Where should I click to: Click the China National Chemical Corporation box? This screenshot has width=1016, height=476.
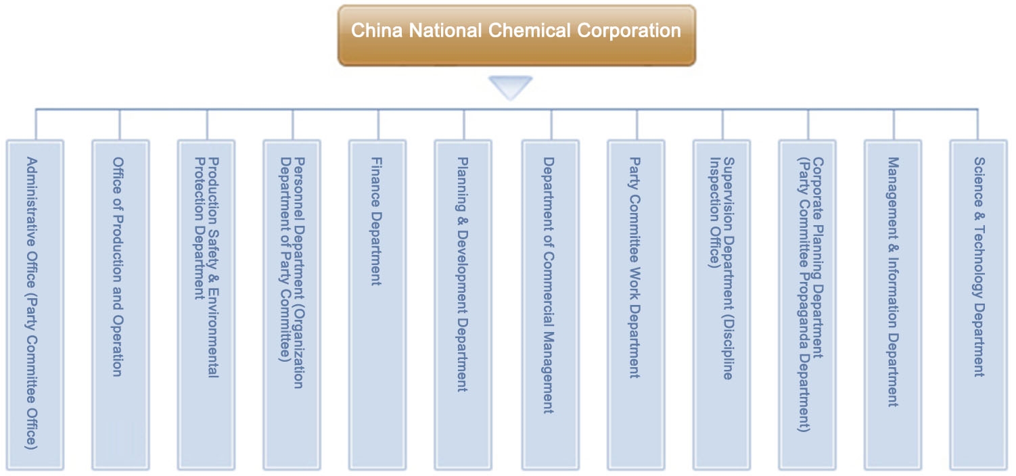(516, 35)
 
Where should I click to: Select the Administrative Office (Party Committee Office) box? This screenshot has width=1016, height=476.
(34, 304)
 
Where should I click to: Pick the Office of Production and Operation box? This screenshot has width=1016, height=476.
(120, 304)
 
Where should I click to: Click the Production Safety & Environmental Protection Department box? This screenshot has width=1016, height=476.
(206, 304)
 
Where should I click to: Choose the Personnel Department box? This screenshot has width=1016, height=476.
(292, 304)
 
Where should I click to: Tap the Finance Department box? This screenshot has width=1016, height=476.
(377, 304)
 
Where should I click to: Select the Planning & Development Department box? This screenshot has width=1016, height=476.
(463, 304)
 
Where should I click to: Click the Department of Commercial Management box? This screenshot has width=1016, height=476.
(550, 304)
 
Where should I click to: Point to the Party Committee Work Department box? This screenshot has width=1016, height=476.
(635, 304)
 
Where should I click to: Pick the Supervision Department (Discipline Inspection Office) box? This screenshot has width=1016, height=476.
(721, 304)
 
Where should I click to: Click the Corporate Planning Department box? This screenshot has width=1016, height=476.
(807, 304)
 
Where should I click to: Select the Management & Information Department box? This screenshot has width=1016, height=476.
(893, 304)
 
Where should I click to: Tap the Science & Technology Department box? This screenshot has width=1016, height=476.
(978, 304)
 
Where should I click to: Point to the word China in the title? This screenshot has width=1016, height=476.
(371, 30)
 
